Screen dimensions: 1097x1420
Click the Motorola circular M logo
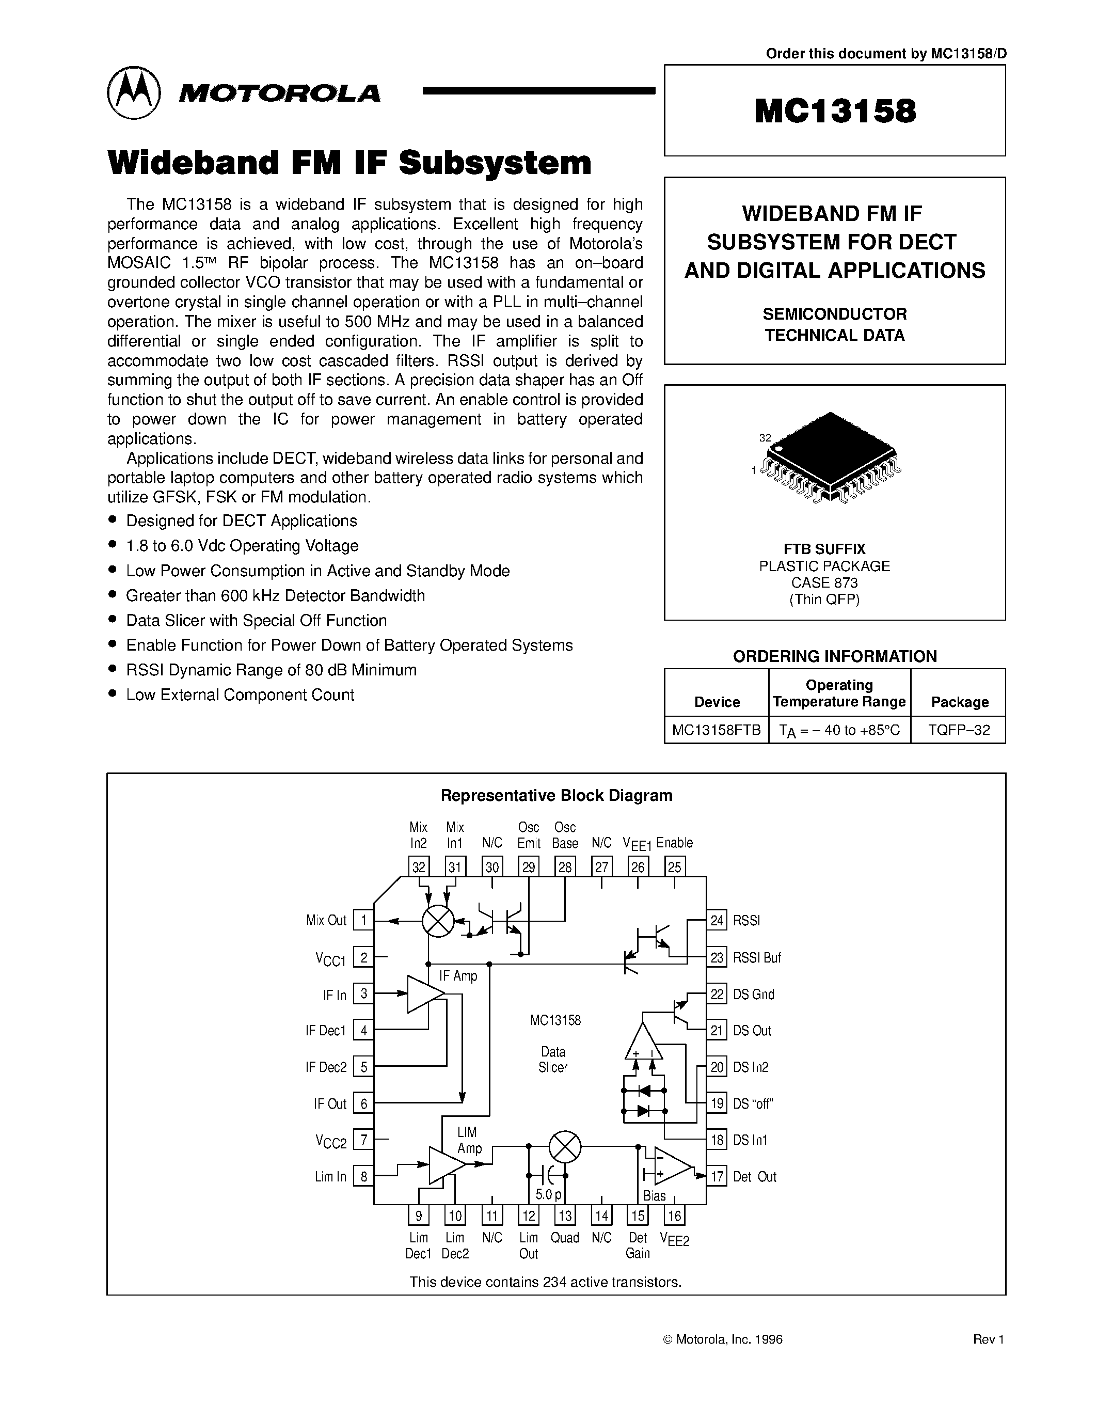[x=133, y=92]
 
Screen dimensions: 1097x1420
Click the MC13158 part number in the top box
[x=834, y=111]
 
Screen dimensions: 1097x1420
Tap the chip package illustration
[x=830, y=457]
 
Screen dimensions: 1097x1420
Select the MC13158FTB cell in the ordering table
[x=716, y=730]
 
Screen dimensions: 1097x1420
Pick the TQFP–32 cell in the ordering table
[x=959, y=730]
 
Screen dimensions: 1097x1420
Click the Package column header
[x=959, y=702]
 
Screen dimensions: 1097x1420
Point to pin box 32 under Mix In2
[x=419, y=866]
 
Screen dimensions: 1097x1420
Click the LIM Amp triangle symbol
[x=447, y=1165]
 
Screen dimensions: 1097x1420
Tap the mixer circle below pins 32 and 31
[x=438, y=921]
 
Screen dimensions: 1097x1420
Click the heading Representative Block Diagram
[x=557, y=796]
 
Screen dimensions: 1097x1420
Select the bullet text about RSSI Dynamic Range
[x=271, y=670]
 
